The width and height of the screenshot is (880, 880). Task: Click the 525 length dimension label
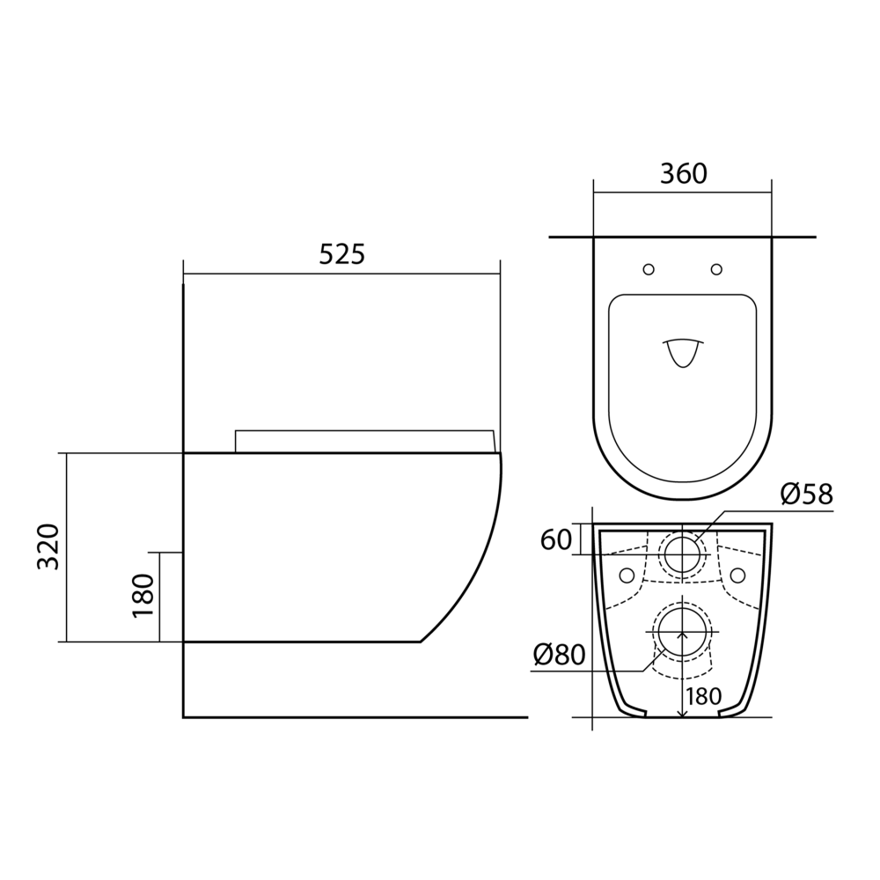pyautogui.click(x=341, y=254)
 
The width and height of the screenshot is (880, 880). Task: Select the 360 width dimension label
pyautogui.click(x=683, y=174)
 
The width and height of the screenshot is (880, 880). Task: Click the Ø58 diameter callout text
pyautogui.click(x=806, y=495)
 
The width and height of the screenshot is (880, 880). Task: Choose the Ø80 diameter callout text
pyautogui.click(x=559, y=654)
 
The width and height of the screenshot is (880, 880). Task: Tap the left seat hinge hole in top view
pyautogui.click(x=649, y=268)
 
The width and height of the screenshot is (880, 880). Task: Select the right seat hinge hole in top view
pyautogui.click(x=716, y=268)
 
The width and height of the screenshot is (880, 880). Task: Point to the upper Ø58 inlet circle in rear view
pyautogui.click(x=683, y=554)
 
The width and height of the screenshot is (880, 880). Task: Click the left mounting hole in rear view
pyautogui.click(x=627, y=575)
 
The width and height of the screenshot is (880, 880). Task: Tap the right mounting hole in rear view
pyautogui.click(x=739, y=575)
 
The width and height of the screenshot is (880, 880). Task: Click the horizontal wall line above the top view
pyautogui.click(x=683, y=238)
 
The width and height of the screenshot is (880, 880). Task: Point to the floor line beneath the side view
pyautogui.click(x=352, y=717)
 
